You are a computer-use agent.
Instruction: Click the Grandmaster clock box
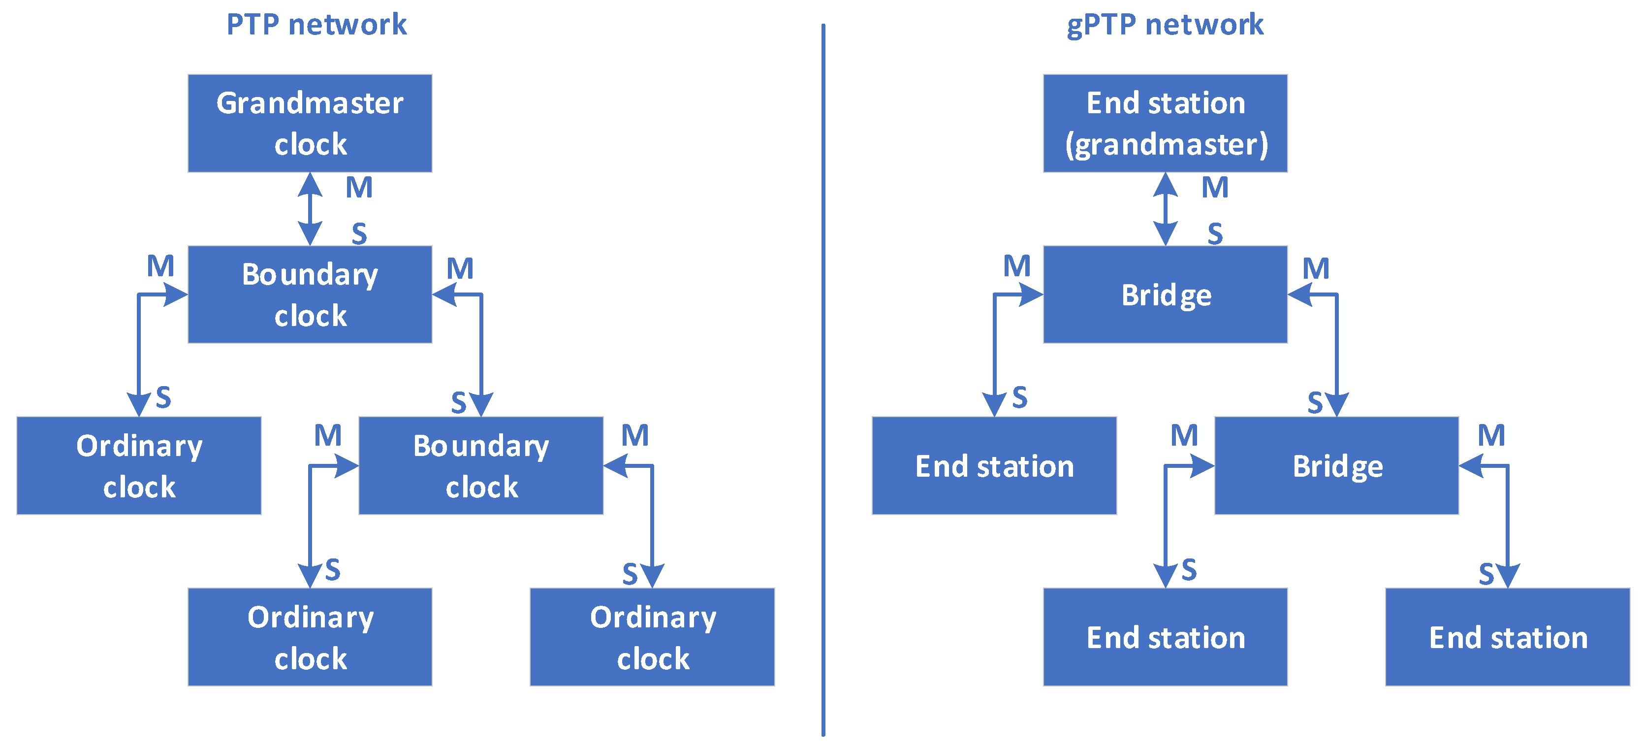pyautogui.click(x=310, y=123)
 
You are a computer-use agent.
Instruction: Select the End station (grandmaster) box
pyautogui.click(x=1165, y=123)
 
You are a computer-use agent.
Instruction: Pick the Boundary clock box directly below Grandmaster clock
pyautogui.click(x=310, y=294)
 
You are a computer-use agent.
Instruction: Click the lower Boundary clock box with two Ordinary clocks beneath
pyautogui.click(x=481, y=465)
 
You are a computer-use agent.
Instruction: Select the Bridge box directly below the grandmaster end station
pyautogui.click(x=1165, y=294)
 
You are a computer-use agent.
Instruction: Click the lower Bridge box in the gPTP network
pyautogui.click(x=1336, y=465)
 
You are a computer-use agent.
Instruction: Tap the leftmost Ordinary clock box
pyautogui.click(x=139, y=465)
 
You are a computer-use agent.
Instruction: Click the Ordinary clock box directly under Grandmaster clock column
pyautogui.click(x=310, y=637)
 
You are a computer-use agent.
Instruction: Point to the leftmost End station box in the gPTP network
pyautogui.click(x=994, y=465)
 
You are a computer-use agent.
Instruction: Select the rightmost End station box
pyautogui.click(x=1508, y=637)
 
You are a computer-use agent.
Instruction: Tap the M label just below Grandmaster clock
pyautogui.click(x=359, y=188)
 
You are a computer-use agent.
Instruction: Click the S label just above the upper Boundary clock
pyautogui.click(x=359, y=233)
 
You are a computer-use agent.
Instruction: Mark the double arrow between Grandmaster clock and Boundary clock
pyautogui.click(x=310, y=209)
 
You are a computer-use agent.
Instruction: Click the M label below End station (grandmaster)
pyautogui.click(x=1215, y=188)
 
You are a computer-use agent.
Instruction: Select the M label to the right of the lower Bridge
pyautogui.click(x=1491, y=436)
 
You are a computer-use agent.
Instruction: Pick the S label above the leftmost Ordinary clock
pyautogui.click(x=163, y=397)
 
